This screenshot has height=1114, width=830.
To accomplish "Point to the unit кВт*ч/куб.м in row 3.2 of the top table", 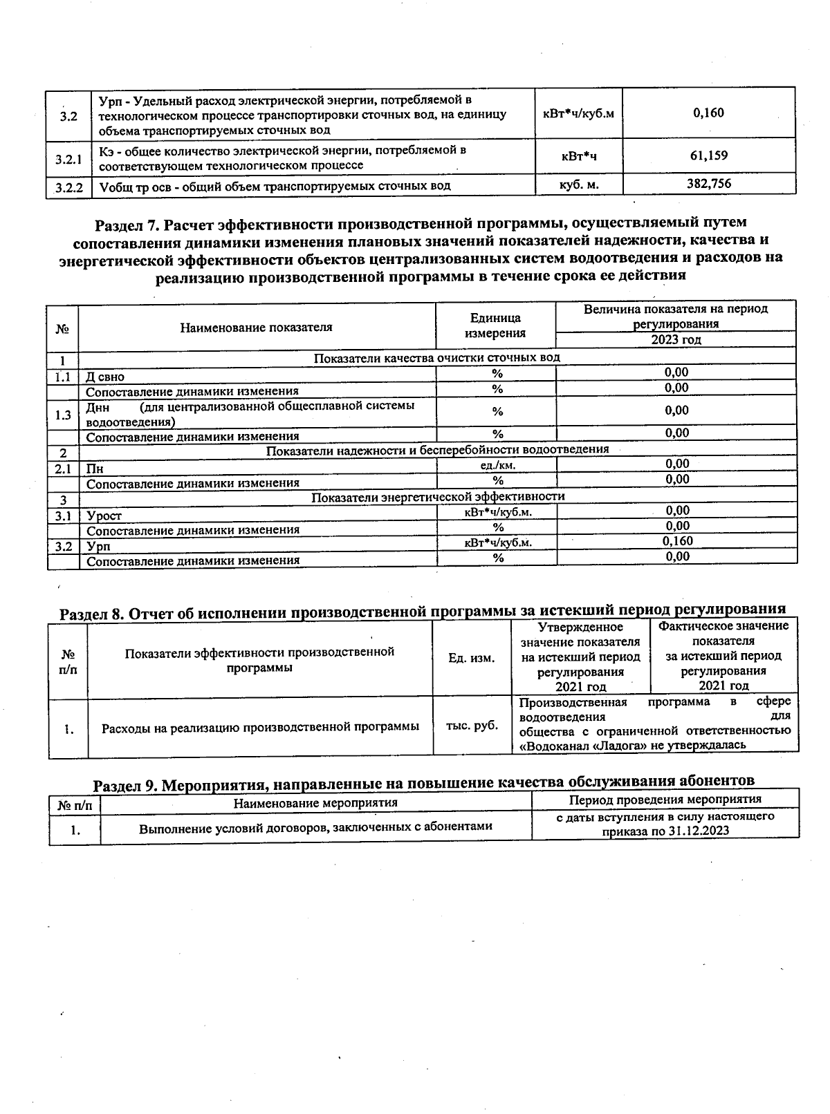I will pos(578,113).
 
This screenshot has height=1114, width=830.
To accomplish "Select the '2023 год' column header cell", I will pos(676,339).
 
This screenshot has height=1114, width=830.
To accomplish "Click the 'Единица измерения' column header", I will pos(495,325).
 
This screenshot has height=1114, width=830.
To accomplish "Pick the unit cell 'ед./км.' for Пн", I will pos(497,465).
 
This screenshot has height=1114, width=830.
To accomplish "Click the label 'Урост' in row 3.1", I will pos(104,516).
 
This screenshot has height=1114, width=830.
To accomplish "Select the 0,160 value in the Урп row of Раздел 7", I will pos(677,541).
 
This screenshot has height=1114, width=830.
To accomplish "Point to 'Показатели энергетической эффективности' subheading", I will pos(437,497).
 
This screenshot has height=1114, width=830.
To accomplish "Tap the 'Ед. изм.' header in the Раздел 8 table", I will pos(471,658).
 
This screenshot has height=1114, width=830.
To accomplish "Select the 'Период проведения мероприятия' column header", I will pos(665,800).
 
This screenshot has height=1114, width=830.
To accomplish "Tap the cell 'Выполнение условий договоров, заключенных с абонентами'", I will pos(315,826).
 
